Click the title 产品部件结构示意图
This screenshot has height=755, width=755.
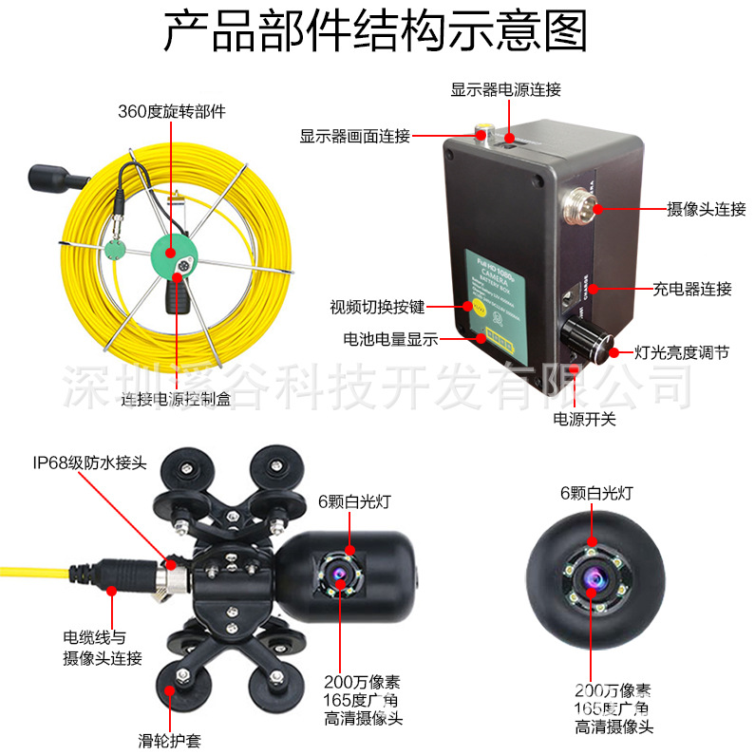376,32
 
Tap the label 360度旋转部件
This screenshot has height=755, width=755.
172,111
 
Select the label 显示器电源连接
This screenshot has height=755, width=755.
505,89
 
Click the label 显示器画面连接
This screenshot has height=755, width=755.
354,136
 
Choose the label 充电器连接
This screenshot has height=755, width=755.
692,289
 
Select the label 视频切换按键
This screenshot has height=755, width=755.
377,307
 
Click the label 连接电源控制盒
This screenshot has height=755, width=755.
176,401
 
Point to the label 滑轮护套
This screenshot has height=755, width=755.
169,740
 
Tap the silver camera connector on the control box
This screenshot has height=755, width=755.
579,201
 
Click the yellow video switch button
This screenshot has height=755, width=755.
467,306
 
